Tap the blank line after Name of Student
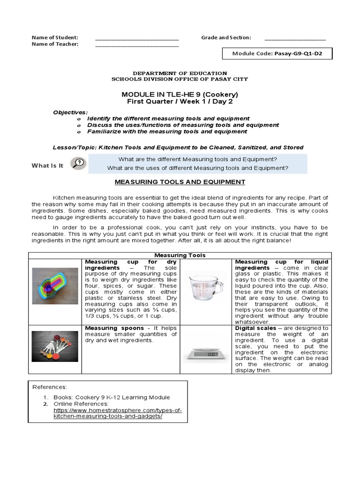pyautogui.click(x=137, y=38)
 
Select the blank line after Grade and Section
pyautogui.click(x=295, y=38)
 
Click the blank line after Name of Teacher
pyautogui.click(x=137, y=45)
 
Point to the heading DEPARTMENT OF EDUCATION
pyautogui.click(x=180, y=73)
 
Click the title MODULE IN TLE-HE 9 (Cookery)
pyautogui.click(x=180, y=94)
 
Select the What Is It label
pyautogui.click(x=47, y=165)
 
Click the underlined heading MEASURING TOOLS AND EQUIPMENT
pyautogui.click(x=180, y=182)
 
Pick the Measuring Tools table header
pyautogui.click(x=180, y=255)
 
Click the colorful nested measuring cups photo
pyautogui.click(x=55, y=286)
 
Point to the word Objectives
pyautogui.click(x=70, y=112)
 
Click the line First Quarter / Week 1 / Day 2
pyautogui.click(x=180, y=102)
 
